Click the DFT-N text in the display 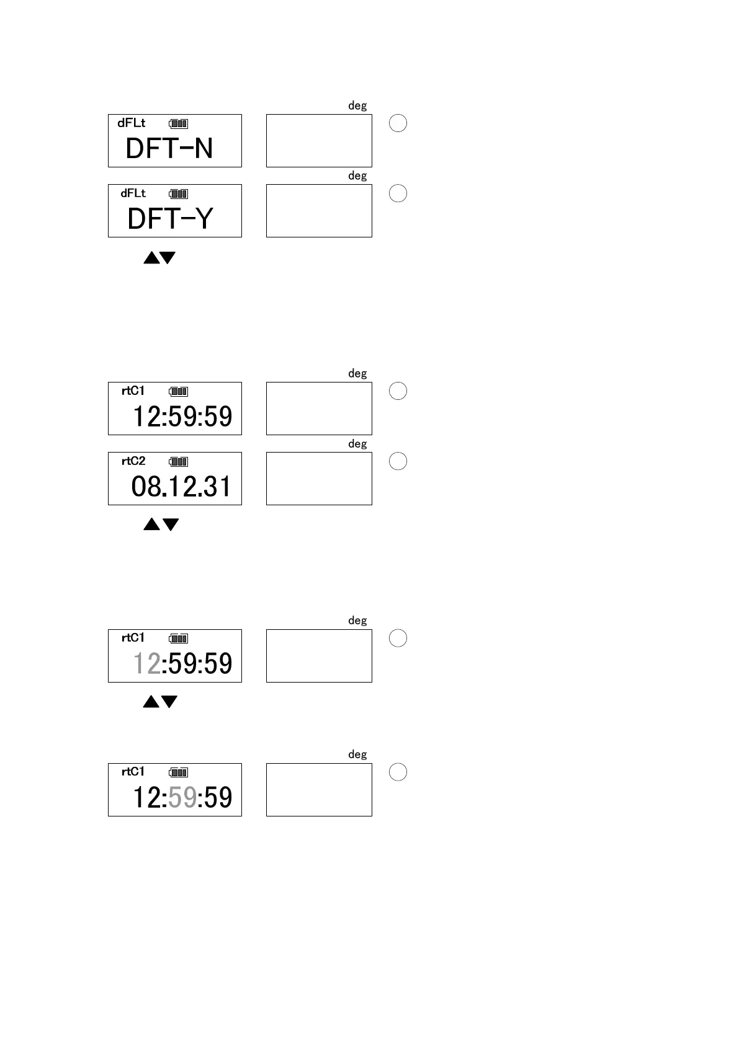click(169, 149)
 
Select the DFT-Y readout click(170, 219)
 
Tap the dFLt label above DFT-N click(132, 123)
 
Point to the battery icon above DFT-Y click(179, 194)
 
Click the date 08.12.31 click(181, 487)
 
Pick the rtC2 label click(133, 461)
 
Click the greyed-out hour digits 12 click(147, 664)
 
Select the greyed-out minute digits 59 click(182, 798)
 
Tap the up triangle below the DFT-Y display click(151, 258)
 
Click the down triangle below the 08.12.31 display click(171, 525)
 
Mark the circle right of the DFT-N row click(398, 123)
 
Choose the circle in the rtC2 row click(398, 461)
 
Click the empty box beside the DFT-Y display click(319, 211)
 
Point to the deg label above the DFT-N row click(357, 106)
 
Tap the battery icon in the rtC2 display click(179, 462)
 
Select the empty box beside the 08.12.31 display click(319, 479)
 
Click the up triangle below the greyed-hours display click(151, 702)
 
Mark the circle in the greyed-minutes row click(398, 772)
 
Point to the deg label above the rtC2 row click(357, 444)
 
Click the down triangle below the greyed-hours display click(169, 702)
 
